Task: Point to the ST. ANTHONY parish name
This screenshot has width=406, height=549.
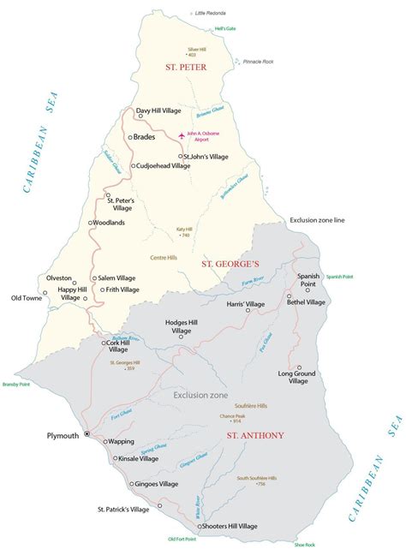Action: tap(255, 436)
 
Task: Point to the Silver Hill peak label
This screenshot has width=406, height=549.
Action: tap(198, 50)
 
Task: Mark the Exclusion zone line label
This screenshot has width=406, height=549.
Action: tap(316, 220)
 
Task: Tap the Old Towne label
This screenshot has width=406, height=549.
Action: tap(27, 298)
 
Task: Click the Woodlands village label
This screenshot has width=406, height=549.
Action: tap(110, 223)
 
